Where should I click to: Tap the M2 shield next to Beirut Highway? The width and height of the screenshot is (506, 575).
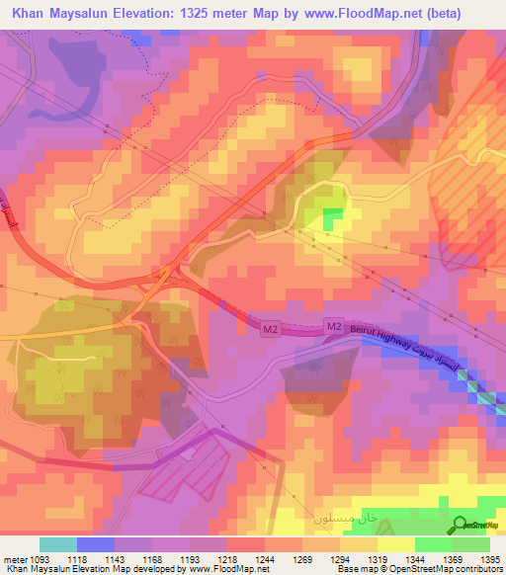[333, 326]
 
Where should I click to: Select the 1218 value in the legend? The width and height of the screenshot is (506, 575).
[226, 558]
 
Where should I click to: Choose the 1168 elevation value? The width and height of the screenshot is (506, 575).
[152, 558]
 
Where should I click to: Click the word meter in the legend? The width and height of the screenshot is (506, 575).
[12, 558]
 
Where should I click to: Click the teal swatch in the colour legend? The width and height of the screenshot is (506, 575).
[58, 544]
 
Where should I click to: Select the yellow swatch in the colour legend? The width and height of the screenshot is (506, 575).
[396, 544]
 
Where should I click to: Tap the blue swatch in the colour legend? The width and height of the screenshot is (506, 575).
[96, 544]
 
